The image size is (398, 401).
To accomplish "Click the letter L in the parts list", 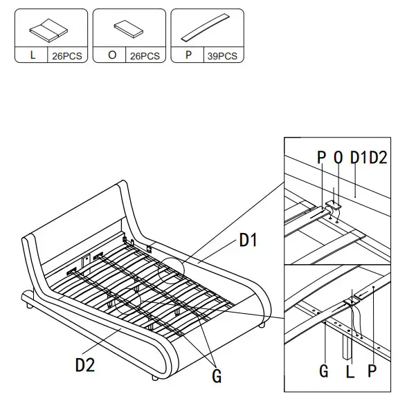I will [x=33, y=56].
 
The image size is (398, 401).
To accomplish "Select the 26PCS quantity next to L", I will [x=69, y=56].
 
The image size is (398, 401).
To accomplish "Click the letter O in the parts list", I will [x=111, y=56].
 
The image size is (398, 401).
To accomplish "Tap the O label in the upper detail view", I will [x=338, y=158].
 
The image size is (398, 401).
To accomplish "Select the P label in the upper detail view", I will [x=321, y=158].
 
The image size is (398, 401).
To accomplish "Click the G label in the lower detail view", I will [x=323, y=371].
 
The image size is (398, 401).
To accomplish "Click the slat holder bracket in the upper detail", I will [x=334, y=205].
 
